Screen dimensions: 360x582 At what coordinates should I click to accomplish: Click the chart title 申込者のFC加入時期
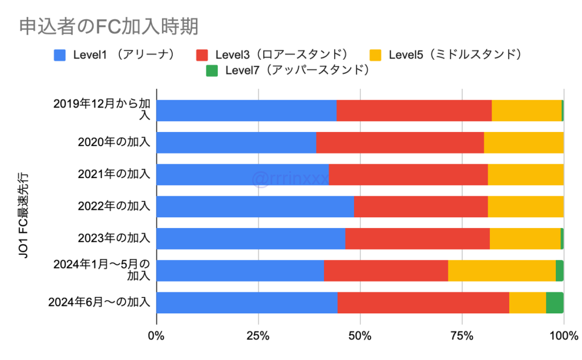coord(108,26)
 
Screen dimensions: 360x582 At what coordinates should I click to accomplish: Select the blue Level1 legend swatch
coord(60,55)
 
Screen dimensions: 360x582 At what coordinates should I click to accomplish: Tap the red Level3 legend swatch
coord(202,55)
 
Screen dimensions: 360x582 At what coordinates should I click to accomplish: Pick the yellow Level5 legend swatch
coord(375,55)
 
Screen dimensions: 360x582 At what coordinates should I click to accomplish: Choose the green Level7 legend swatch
coord(211,71)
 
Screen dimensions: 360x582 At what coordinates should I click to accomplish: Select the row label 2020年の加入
coord(114,142)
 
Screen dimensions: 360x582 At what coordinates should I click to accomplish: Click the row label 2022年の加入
coord(114,206)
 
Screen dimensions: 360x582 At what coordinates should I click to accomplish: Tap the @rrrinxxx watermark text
coord(290,179)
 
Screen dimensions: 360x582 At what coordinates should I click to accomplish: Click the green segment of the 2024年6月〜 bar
coord(555,303)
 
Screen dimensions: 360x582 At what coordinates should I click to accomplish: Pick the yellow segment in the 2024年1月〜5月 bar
coord(501,271)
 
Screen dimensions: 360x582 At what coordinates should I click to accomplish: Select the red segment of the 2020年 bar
coord(400,142)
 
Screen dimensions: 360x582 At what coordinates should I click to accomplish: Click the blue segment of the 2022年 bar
coord(255,206)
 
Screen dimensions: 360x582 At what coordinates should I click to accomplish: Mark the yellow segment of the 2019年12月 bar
coord(526,110)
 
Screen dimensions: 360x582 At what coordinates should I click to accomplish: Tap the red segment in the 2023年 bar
coord(417,239)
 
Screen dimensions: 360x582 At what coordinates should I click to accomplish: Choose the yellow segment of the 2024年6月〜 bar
coord(527,303)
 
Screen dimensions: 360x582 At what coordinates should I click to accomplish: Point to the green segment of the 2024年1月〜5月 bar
coord(560,271)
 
